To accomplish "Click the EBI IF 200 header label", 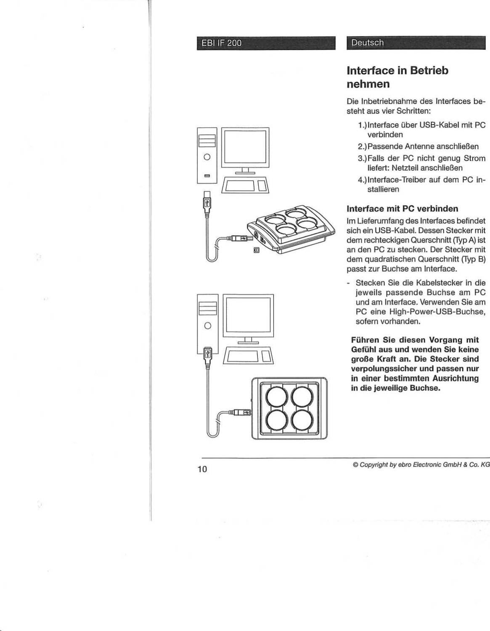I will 221,43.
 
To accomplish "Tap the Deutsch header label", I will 367,42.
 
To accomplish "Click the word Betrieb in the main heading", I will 429,70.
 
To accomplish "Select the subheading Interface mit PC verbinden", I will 402,209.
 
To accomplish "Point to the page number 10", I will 202,469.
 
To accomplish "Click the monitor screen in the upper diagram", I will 245,147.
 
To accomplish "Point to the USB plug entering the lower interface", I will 243,412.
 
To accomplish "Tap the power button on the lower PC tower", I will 207,326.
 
